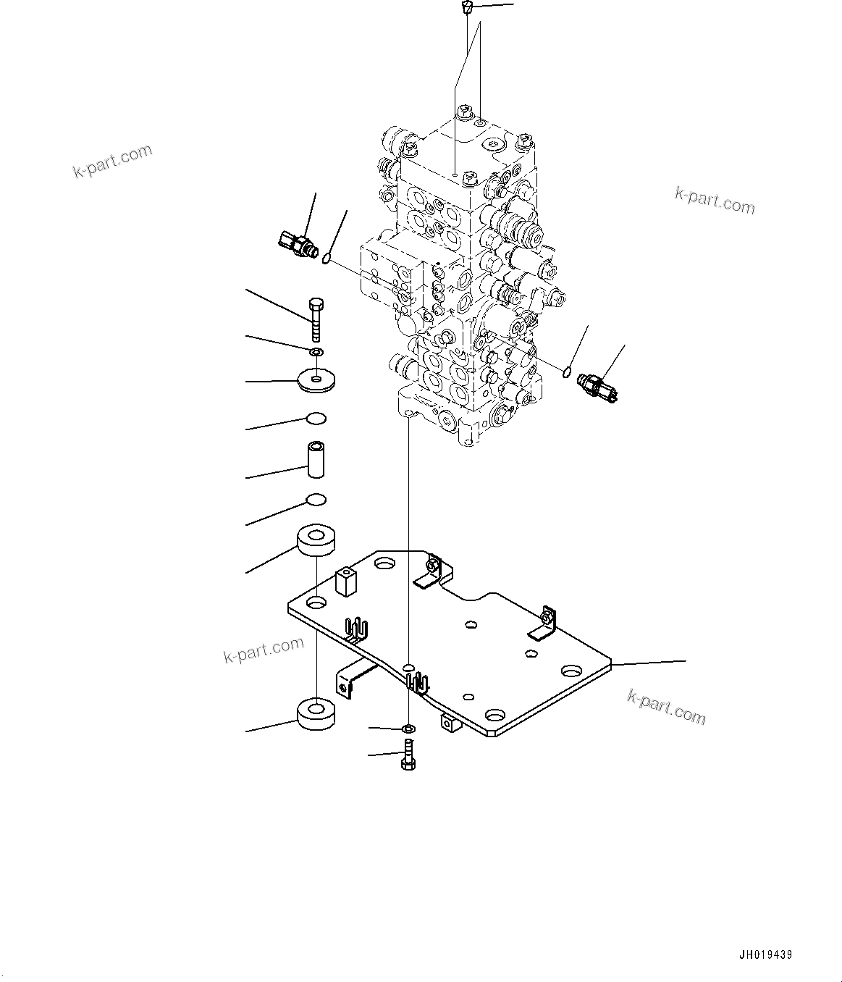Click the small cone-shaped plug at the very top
coord(467,9)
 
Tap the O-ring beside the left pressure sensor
coord(327,258)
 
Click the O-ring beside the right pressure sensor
coord(568,373)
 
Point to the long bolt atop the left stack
coord(316,319)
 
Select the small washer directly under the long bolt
coord(316,352)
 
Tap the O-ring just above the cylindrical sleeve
coord(316,418)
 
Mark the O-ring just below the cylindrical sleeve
coord(316,500)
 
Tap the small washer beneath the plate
coord(408,727)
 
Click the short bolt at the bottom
coord(408,756)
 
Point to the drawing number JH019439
coord(765,955)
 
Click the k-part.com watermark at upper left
coord(113,161)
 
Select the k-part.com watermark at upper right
coord(714,201)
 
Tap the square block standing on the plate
coord(346,582)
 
